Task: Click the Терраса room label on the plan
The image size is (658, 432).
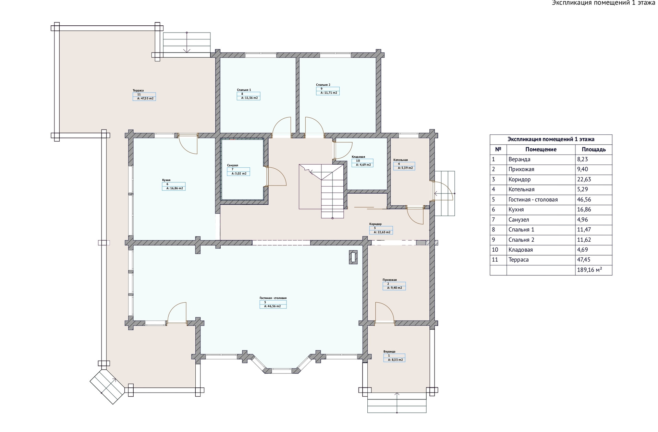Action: coord(138,91)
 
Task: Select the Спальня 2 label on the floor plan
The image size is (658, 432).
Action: coord(323,85)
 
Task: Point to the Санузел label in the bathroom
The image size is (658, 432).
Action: coord(232,165)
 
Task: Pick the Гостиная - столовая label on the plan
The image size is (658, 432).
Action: coord(273,298)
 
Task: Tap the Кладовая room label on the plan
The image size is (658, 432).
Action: coord(358,157)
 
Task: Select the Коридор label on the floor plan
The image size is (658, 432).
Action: coord(375,224)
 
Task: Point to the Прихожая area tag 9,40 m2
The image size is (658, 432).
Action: coord(394,288)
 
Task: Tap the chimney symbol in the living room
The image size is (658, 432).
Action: coord(353,257)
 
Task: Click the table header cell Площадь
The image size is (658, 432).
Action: coord(594,149)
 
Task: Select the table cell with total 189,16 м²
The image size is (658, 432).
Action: coord(594,270)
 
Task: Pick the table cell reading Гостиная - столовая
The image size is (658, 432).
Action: coord(541,200)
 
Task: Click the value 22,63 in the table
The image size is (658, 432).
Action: coord(584,179)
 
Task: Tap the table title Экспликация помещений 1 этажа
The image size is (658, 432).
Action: coord(551,139)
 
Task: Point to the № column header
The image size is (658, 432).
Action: coord(498,149)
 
